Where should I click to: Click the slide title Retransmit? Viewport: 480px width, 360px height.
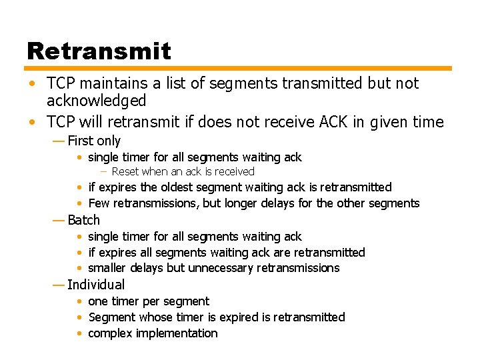[x=99, y=51]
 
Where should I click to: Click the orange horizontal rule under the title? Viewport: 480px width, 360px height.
[x=239, y=68]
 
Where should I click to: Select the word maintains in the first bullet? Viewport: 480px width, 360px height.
[x=104, y=83]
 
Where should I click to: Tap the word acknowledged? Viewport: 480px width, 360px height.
[x=96, y=101]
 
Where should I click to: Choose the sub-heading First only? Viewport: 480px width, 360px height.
[x=94, y=141]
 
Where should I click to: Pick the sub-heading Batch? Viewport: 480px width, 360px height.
[x=83, y=220]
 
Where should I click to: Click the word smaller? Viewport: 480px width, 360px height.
[x=109, y=268]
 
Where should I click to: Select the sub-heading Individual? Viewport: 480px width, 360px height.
[x=96, y=285]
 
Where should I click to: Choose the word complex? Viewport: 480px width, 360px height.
[x=109, y=333]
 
